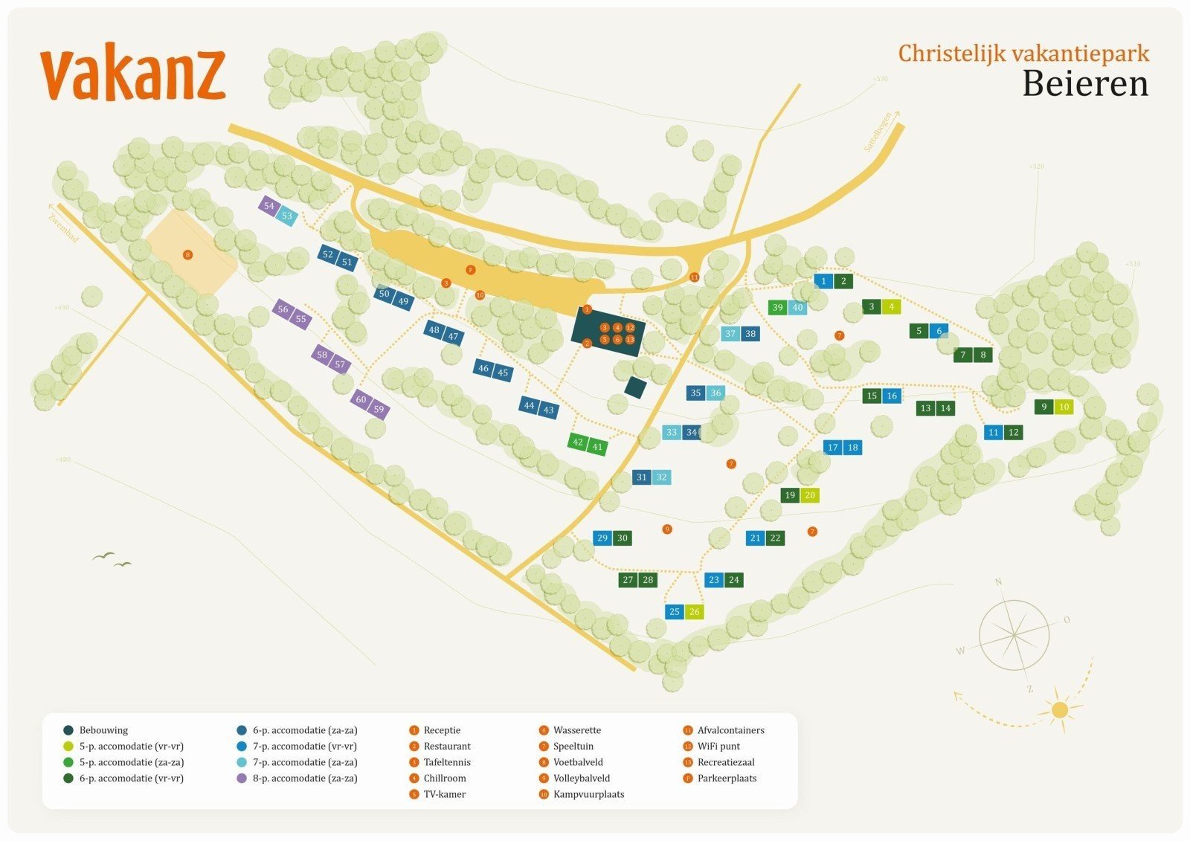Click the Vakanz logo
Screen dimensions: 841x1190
click(x=132, y=75)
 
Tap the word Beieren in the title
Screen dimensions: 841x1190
click(x=1085, y=83)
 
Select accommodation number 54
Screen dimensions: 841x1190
click(x=268, y=206)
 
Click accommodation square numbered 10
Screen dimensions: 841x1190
click(x=1064, y=407)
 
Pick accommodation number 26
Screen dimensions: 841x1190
click(x=694, y=611)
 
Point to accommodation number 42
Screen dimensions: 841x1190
click(x=578, y=442)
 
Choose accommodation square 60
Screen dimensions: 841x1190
click(x=361, y=399)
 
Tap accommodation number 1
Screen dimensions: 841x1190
click(x=823, y=281)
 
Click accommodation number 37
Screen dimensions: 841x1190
click(x=730, y=333)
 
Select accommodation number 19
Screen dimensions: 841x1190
click(x=790, y=494)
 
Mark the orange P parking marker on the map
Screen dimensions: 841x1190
click(x=470, y=270)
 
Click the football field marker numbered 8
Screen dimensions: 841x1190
click(x=187, y=255)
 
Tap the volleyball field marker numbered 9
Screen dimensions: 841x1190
click(x=667, y=529)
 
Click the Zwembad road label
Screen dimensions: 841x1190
click(x=63, y=227)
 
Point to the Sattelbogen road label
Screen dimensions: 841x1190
click(x=880, y=133)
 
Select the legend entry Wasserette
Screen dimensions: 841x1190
click(x=576, y=730)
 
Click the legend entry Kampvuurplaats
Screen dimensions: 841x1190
click(x=588, y=794)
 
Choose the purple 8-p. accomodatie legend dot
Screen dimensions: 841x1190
click(x=242, y=779)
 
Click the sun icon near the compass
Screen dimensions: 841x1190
click(x=1060, y=709)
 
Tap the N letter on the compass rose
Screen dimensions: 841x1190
click(x=999, y=581)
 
